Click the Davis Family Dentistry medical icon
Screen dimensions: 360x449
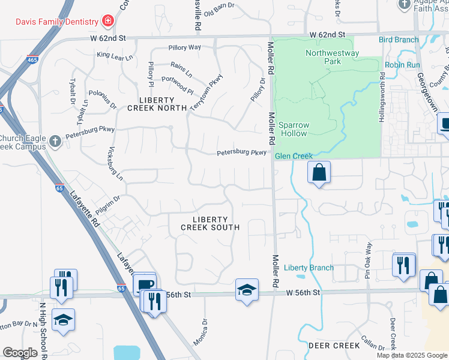[x=108, y=21]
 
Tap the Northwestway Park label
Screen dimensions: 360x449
[x=332, y=57]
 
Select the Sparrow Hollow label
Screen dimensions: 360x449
[x=294, y=129]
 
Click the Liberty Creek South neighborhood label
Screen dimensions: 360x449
[x=211, y=223]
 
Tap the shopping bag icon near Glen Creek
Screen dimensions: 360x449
[x=319, y=173]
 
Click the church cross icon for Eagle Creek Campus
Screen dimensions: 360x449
[x=55, y=142]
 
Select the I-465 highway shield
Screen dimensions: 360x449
[x=32, y=59]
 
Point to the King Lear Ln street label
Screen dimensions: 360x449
[x=113, y=55]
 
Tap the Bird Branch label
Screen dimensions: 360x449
[x=399, y=40]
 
